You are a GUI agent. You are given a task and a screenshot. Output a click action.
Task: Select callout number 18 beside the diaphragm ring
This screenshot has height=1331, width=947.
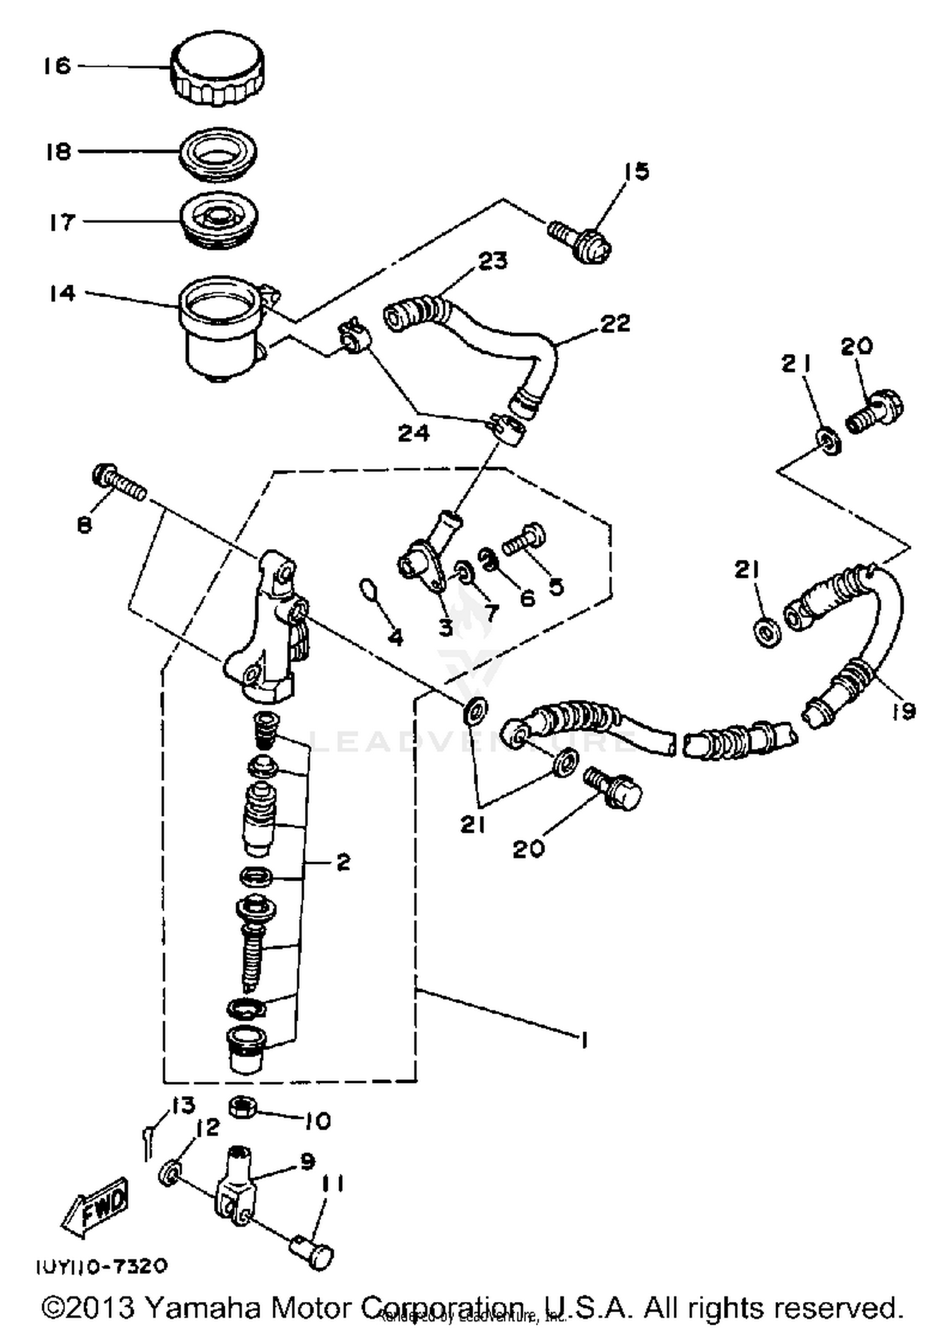[59, 152]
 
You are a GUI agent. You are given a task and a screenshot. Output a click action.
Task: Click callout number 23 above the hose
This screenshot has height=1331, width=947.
[492, 261]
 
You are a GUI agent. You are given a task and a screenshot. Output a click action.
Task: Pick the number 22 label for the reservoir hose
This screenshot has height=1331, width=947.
[615, 324]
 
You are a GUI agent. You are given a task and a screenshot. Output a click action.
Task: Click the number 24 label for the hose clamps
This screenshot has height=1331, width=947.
[414, 433]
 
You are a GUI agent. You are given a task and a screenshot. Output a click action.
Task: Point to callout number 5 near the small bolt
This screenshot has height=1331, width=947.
[556, 586]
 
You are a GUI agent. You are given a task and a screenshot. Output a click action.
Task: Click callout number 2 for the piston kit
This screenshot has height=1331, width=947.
[343, 862]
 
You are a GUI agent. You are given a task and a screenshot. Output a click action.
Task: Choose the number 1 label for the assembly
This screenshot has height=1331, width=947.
[584, 1040]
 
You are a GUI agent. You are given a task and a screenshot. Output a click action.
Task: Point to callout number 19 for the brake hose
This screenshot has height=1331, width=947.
[903, 711]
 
